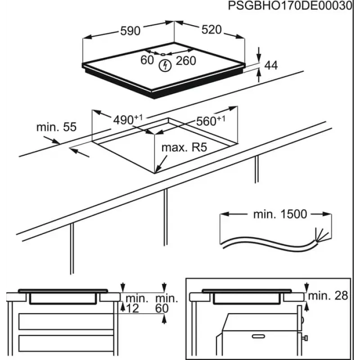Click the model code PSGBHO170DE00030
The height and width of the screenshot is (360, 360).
coord(290,5)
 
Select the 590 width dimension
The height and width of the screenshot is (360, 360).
coord(130,31)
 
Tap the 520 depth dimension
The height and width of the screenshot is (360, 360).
coord(211,30)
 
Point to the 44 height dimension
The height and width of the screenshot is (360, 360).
coord(271,65)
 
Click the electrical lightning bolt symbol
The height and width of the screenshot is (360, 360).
coord(165,66)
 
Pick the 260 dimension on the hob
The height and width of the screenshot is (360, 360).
coord(186,61)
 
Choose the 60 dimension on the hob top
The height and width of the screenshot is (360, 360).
coord(147,60)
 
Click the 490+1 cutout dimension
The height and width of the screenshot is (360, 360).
coord(128,120)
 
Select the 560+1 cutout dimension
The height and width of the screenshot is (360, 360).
coord(211,121)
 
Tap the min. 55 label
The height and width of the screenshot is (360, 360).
coord(57,127)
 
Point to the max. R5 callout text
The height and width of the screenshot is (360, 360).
coord(184,148)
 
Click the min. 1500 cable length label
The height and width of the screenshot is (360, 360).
coord(280,214)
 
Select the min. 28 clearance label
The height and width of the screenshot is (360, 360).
coord(328,296)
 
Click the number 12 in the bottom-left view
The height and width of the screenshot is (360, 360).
coord(133,308)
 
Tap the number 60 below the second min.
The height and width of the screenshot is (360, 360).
coord(162,308)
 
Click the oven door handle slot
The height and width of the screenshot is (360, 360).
coord(258,336)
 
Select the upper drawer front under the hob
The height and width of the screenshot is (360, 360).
coord(66,321)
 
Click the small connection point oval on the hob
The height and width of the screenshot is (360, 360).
coord(163,54)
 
